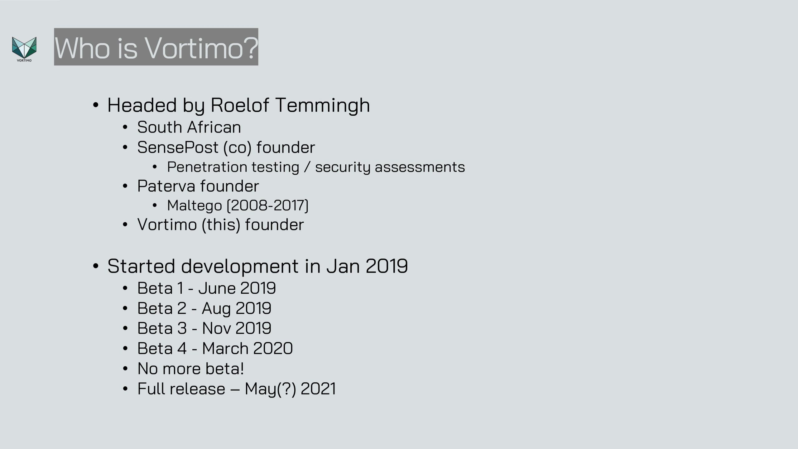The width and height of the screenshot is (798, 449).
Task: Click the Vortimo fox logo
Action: pyautogui.click(x=24, y=49)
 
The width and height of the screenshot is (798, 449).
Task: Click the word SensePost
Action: pyautogui.click(x=178, y=147)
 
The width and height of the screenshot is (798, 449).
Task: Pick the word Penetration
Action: pyautogui.click(x=207, y=167)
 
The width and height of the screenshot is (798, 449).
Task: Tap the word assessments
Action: pyautogui.click(x=420, y=167)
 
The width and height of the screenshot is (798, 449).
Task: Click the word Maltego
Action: pyautogui.click(x=195, y=205)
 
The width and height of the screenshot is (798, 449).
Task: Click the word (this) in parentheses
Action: pyautogui.click(x=221, y=225)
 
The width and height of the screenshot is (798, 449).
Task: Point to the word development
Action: pyautogui.click(x=240, y=266)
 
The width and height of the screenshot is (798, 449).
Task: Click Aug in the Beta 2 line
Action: pyautogui.click(x=216, y=309)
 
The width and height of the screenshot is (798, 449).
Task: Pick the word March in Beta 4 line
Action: pyautogui.click(x=225, y=348)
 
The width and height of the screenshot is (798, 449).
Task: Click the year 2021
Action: pyautogui.click(x=318, y=389)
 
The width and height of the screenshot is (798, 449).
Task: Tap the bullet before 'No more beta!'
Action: pyautogui.click(x=125, y=369)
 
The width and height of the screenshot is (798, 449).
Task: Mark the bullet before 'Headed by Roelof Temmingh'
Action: pyautogui.click(x=96, y=105)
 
